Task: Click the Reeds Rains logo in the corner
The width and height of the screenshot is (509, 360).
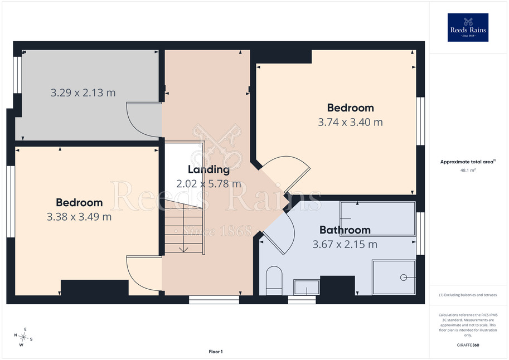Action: [x=468, y=27]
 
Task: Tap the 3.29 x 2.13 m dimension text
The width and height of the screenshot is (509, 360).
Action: [x=83, y=93]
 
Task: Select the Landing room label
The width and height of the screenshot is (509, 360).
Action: [x=209, y=169]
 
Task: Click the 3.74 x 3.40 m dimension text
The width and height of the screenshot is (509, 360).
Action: [x=350, y=123]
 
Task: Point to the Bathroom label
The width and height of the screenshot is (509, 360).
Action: [x=345, y=230]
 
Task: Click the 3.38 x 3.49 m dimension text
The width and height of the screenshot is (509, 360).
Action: [x=79, y=217]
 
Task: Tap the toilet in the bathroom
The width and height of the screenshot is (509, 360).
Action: [x=274, y=281]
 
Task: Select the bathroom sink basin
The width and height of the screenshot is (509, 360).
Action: [x=307, y=288]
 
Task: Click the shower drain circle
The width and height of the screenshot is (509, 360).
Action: [x=404, y=278]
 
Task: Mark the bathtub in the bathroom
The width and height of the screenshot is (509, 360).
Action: [x=377, y=218]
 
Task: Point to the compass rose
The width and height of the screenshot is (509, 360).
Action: [x=23, y=337]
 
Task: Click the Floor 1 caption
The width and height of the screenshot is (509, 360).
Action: [x=216, y=352]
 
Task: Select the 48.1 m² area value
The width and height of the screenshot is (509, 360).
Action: [x=468, y=170]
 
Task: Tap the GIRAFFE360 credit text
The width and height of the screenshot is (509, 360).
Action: [x=468, y=345]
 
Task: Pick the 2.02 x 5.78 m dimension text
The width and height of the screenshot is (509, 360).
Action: [x=209, y=184]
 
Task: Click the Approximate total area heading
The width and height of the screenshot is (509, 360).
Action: [x=468, y=162]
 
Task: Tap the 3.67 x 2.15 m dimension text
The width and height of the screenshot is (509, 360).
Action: [x=345, y=245]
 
